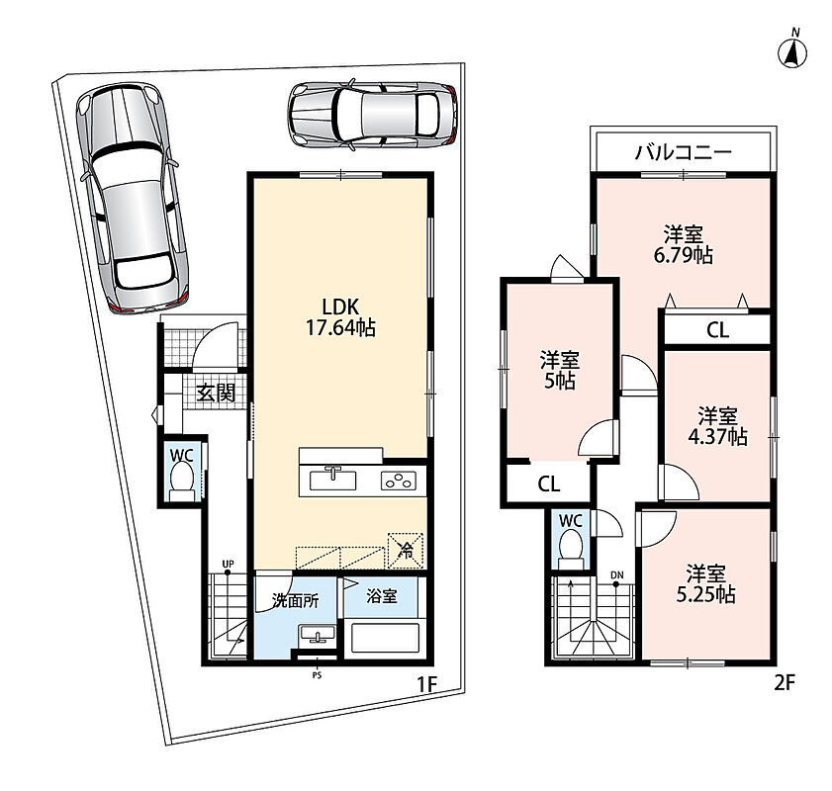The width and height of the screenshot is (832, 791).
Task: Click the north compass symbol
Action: (792, 51)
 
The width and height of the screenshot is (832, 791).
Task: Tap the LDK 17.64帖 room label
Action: (340, 317)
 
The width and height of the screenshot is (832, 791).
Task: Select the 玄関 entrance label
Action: (216, 393)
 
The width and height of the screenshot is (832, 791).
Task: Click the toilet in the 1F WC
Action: (182, 481)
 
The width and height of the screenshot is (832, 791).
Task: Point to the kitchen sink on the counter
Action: (332, 480)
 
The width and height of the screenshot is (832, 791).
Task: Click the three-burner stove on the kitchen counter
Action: (398, 482)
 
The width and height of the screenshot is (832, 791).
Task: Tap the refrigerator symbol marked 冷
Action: (406, 551)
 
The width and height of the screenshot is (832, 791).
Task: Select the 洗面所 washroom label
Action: (295, 601)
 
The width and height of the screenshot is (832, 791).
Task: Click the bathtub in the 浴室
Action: (385, 639)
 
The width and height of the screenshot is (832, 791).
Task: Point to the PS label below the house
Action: (317, 675)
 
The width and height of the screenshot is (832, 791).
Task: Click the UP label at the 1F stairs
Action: (228, 565)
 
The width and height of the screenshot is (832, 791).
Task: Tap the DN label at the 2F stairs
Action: (616, 575)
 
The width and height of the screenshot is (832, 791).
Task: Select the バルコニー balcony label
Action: (684, 152)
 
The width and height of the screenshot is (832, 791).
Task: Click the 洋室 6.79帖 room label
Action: (683, 244)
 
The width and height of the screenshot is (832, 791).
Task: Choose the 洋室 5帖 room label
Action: (559, 370)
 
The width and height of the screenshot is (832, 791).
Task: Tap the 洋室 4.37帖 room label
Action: (717, 426)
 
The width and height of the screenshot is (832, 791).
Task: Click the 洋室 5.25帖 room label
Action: (705, 583)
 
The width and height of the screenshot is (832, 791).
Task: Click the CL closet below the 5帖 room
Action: (548, 483)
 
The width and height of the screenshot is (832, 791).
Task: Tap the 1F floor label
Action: (426, 684)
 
